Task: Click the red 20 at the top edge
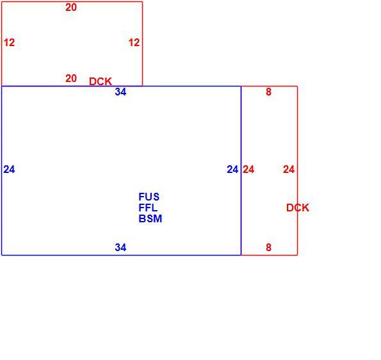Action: pyautogui.click(x=71, y=8)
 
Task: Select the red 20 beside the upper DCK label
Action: pyautogui.click(x=71, y=79)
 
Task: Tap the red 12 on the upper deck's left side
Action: pyautogui.click(x=9, y=43)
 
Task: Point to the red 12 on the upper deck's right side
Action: pyautogui.click(x=134, y=43)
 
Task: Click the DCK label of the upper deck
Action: pyautogui.click(x=101, y=82)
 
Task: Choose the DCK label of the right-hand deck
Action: pyautogui.click(x=298, y=208)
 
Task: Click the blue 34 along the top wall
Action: pyautogui.click(x=120, y=92)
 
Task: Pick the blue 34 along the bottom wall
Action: pyautogui.click(x=120, y=247)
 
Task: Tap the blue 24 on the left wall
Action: pyautogui.click(x=9, y=169)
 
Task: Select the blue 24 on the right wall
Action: pyautogui.click(x=232, y=169)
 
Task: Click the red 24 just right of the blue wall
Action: pyautogui.click(x=248, y=169)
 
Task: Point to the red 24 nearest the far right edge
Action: pyautogui.click(x=289, y=169)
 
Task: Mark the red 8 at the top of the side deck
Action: pyautogui.click(x=268, y=92)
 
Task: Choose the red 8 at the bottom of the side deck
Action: pyautogui.click(x=268, y=247)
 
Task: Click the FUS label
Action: pyautogui.click(x=149, y=197)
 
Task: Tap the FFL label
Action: pyautogui.click(x=148, y=208)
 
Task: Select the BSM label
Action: pyautogui.click(x=150, y=219)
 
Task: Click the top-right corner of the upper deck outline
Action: pyautogui.click(x=142, y=2)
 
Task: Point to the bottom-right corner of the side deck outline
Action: pyautogui.click(x=297, y=255)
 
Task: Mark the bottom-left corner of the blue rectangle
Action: pyautogui.click(x=2, y=255)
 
